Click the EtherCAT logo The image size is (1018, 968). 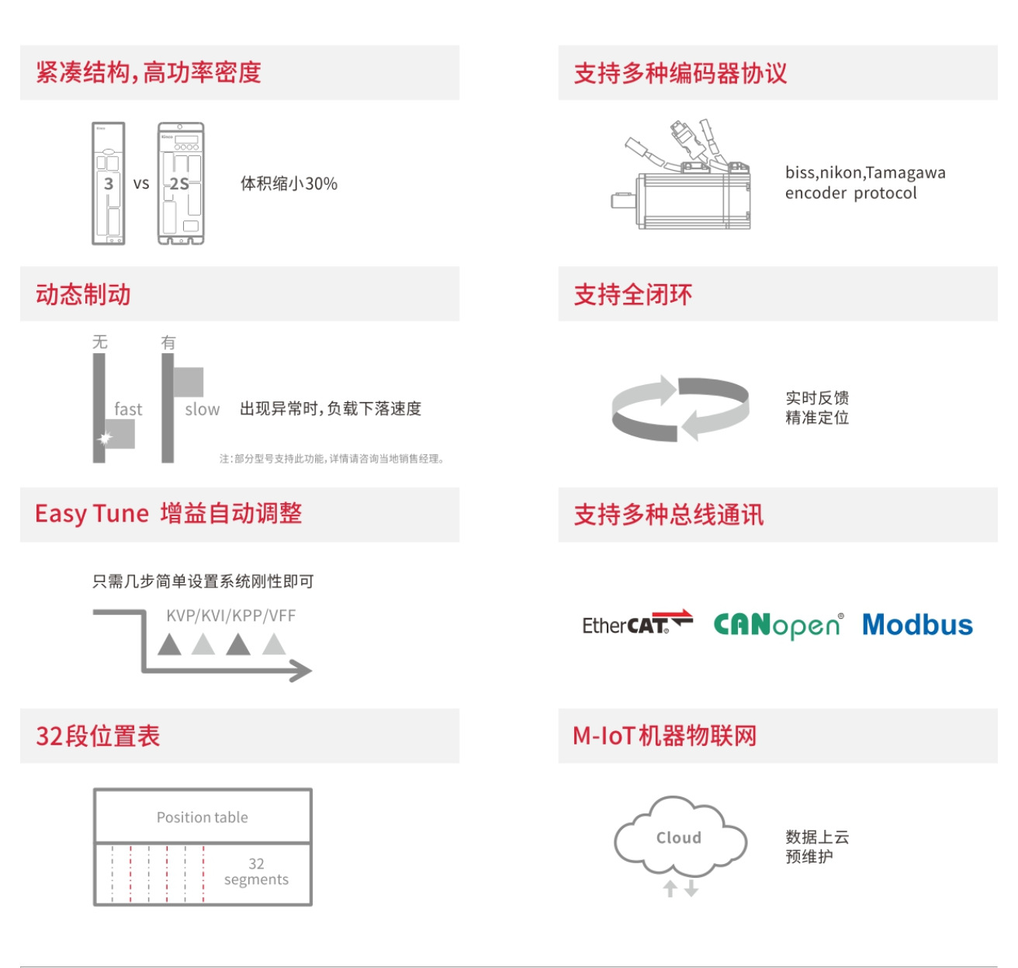coord(636,623)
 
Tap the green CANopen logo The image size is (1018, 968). coord(777,625)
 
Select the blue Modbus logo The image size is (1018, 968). coord(917,625)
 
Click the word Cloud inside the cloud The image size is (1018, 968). coord(678,838)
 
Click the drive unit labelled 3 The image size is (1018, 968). coord(109,183)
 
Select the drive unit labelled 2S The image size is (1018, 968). coord(181,183)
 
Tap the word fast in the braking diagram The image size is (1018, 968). coord(128,409)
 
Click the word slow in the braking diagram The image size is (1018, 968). coord(202,409)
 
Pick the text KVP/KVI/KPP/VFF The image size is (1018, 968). coord(230,616)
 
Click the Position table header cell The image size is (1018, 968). coord(203,817)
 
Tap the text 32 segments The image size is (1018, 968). coord(256,872)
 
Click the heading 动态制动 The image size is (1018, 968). coord(83,295)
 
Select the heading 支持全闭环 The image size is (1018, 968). coord(632,295)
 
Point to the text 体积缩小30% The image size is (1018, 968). coord(289,184)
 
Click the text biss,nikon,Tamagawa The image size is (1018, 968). coord(865,172)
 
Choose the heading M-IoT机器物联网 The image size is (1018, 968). coord(664,736)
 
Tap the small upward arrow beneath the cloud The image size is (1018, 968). coord(670,888)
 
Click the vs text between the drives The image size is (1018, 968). coord(140,184)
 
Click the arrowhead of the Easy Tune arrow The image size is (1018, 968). coord(302,671)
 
